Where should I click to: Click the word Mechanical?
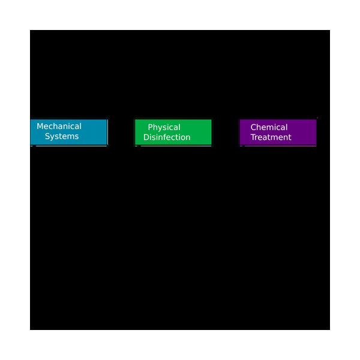59,126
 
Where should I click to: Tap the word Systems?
62,136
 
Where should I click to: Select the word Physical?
164,127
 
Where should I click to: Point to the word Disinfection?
167,137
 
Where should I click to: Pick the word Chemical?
269,127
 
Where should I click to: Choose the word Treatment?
271,137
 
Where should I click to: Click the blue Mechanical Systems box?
68,132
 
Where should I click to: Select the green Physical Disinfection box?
173,132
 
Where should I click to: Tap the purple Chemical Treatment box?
278,132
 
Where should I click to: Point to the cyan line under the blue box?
71,146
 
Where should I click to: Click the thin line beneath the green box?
176,146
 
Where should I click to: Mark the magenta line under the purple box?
281,146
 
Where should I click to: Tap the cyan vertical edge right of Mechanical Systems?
107,132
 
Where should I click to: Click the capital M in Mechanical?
40,126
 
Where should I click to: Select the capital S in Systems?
47,136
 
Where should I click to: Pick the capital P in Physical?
150,127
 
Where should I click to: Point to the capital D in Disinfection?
146,137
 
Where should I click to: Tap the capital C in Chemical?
253,127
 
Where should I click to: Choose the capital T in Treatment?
253,137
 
